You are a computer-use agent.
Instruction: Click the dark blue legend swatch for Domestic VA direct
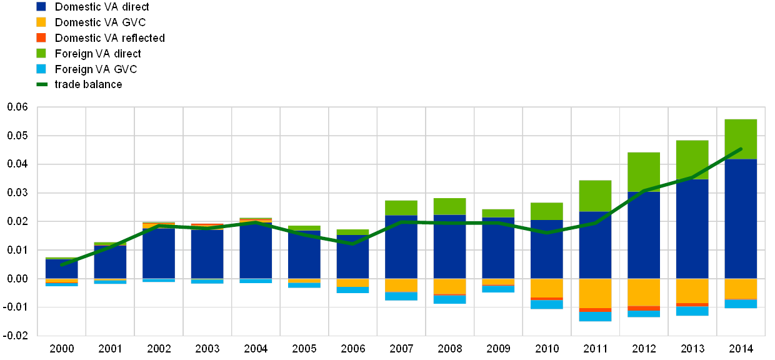tap(41, 6)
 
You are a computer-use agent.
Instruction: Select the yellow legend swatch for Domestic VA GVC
tap(41, 22)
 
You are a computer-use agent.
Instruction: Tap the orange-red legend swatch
tap(41, 37)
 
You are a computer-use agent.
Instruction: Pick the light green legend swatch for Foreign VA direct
tap(41, 53)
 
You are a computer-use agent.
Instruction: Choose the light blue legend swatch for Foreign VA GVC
tap(41, 69)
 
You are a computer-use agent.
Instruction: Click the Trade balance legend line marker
tap(42, 84)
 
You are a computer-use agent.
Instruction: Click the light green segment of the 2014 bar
tap(741, 139)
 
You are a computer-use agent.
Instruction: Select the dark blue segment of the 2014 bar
tap(741, 219)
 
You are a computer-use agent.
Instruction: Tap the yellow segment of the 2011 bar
tap(595, 293)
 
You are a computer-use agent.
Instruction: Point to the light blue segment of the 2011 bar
tap(595, 317)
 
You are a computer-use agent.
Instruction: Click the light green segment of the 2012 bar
tap(644, 171)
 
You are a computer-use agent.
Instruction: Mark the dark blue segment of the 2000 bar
tap(61, 269)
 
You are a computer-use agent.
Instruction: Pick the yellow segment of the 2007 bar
tap(401, 285)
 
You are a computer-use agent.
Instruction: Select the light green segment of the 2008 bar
tap(449, 206)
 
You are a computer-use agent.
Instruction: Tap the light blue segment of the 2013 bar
tap(692, 311)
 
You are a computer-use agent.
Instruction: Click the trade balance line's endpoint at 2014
tap(741, 149)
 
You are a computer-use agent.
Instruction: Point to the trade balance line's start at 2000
tap(61, 264)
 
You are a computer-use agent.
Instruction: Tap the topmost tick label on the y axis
tap(17, 107)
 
